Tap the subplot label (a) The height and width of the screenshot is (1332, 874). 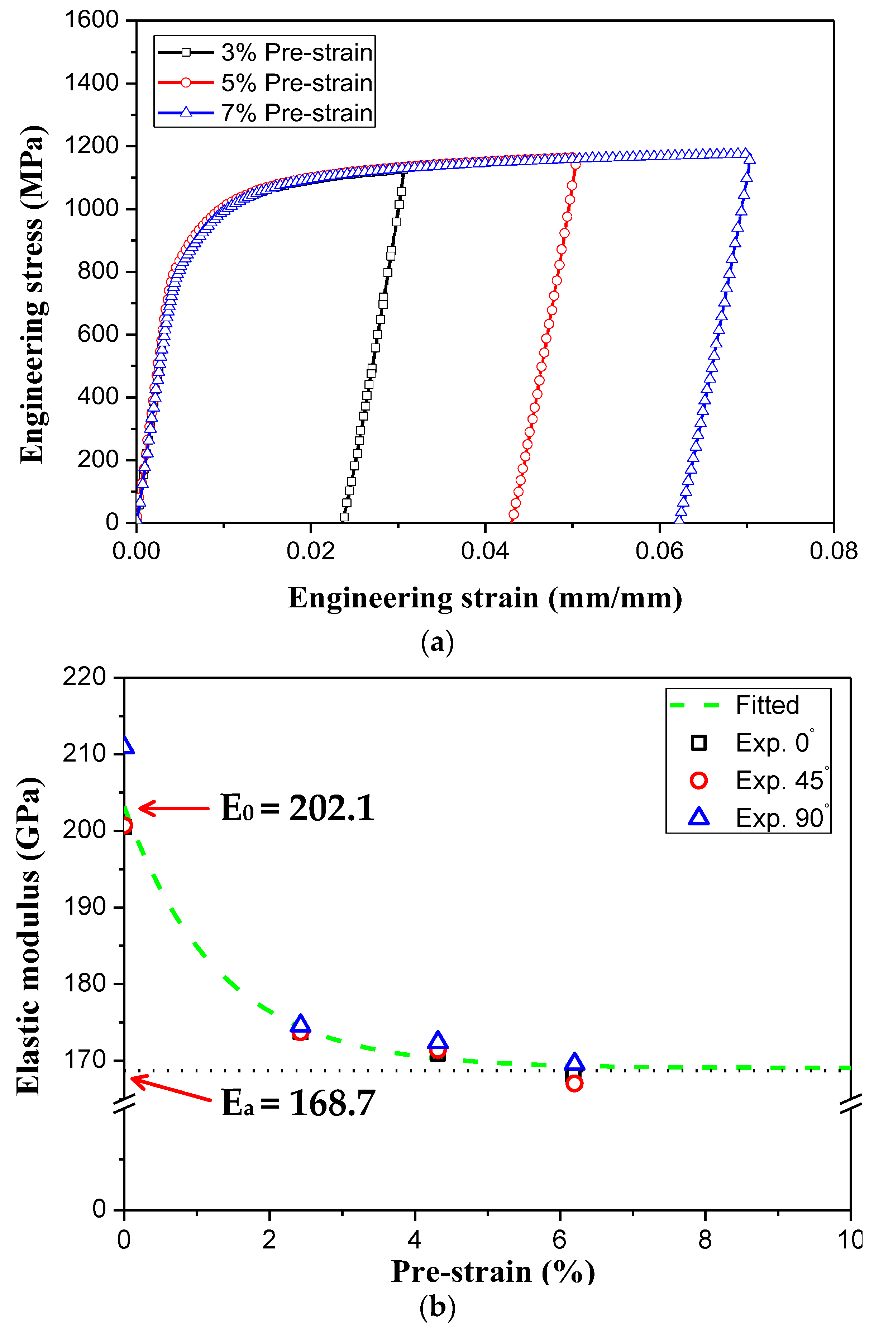tap(437, 642)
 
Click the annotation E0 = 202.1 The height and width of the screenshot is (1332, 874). tap(297, 808)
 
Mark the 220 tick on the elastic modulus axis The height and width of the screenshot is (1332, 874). tap(85, 677)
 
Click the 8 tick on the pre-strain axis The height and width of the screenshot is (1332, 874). tap(705, 1240)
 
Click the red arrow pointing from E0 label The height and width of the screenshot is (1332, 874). tap(173, 808)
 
